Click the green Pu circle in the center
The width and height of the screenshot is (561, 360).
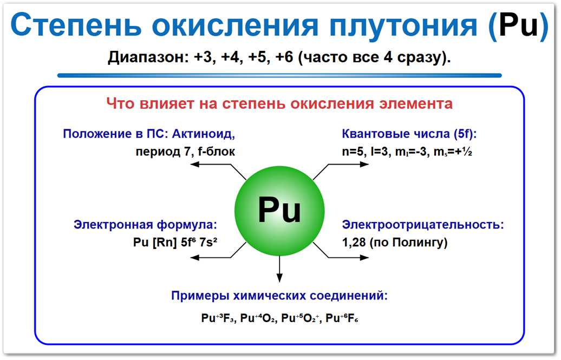pyautogui.click(x=279, y=211)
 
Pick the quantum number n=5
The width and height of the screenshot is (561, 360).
pyautogui.click(x=353, y=152)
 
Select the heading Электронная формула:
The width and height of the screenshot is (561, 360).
pyautogui.click(x=146, y=224)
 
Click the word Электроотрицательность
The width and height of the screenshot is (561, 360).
pyautogui.click(x=423, y=224)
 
